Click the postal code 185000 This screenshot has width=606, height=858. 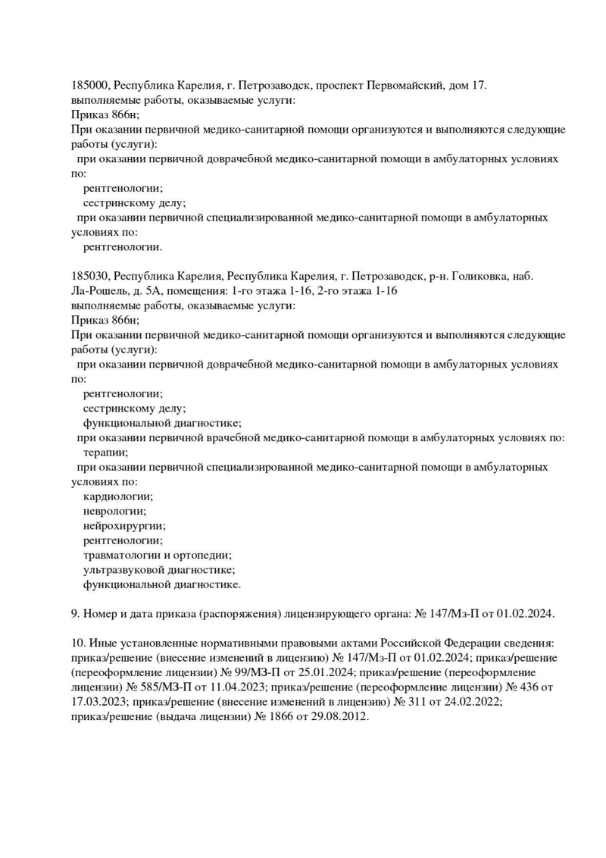91,86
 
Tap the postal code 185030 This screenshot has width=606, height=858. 91,277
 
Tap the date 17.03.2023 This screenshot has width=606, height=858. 95,703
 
